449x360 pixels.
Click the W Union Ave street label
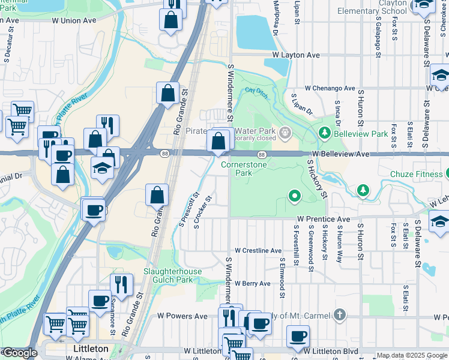tap(74, 20)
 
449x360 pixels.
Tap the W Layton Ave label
tap(295, 55)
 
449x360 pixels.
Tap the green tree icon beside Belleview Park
tap(325, 132)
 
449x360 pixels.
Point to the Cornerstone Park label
tap(244, 168)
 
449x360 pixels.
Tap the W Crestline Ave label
tap(258, 250)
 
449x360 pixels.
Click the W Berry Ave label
tap(254, 283)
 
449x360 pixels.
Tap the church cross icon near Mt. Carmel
tap(339, 314)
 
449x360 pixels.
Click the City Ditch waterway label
tap(256, 92)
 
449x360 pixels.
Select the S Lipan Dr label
tap(301, 104)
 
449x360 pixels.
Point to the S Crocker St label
tap(202, 212)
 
